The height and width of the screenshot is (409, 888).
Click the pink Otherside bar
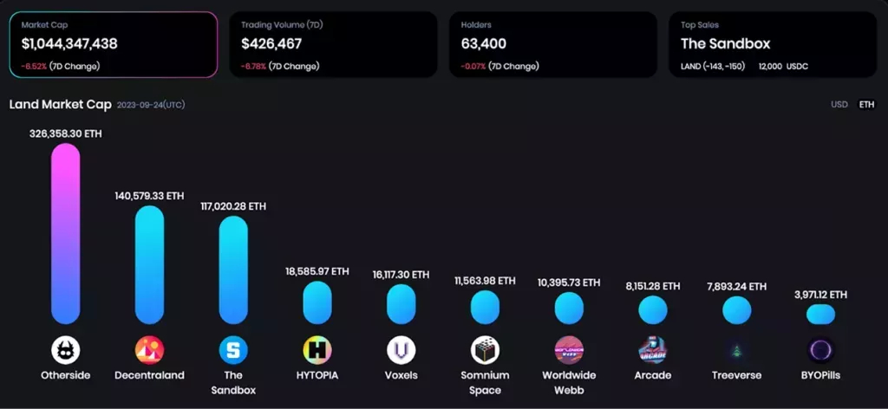tap(66, 234)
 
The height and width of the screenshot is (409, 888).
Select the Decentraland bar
tap(149, 265)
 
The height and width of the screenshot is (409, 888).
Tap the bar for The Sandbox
tap(233, 270)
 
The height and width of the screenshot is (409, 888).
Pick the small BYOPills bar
tap(820, 315)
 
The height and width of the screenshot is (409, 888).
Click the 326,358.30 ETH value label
tap(66, 134)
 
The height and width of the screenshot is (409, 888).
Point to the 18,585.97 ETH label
tap(317, 271)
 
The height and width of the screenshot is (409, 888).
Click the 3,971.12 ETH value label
tap(820, 295)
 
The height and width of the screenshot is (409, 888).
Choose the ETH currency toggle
tap(866, 105)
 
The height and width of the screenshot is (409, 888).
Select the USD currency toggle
tap(839, 105)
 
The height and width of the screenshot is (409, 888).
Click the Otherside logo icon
tap(66, 350)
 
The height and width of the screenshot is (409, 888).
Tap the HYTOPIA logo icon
tap(317, 350)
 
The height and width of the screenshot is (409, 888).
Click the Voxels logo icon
tap(401, 350)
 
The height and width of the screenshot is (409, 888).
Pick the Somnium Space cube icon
tap(485, 350)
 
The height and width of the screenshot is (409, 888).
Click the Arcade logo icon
tap(652, 350)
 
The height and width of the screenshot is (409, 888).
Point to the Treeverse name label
tap(736, 376)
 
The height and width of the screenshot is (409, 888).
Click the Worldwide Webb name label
tap(569, 383)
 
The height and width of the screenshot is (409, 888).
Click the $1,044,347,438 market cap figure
tap(70, 43)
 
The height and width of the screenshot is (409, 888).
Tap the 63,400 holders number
tap(484, 43)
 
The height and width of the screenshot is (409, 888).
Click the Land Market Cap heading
tap(60, 105)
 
